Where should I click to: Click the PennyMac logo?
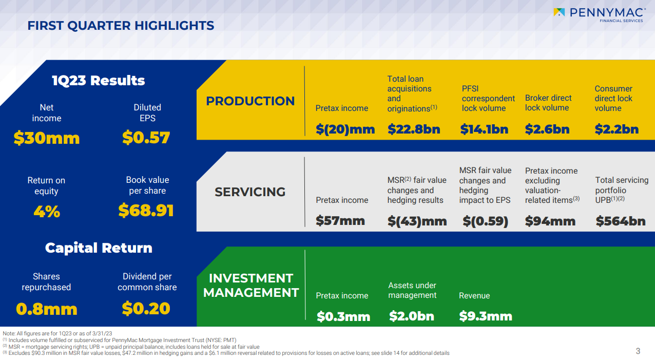(x=598, y=14)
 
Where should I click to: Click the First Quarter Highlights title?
(x=121, y=25)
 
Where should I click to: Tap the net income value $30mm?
(x=47, y=138)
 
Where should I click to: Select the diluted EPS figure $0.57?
(x=146, y=138)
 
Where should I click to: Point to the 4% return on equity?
(x=47, y=212)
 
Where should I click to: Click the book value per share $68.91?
(x=146, y=211)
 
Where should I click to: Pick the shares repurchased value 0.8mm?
(x=47, y=309)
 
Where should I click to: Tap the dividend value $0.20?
(x=146, y=308)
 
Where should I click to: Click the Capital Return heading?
(x=99, y=248)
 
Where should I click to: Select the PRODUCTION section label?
(x=251, y=101)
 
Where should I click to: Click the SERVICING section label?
(x=250, y=192)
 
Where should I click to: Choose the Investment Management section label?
(x=251, y=285)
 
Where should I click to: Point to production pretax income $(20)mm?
(x=345, y=129)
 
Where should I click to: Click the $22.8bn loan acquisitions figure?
(x=414, y=129)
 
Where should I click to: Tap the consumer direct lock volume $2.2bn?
(x=617, y=129)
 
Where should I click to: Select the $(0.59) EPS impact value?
(x=485, y=221)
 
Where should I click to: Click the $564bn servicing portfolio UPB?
(x=621, y=221)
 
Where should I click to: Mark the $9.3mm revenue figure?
(x=486, y=316)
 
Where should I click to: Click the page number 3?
(x=638, y=351)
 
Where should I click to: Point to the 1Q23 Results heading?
(x=99, y=81)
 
